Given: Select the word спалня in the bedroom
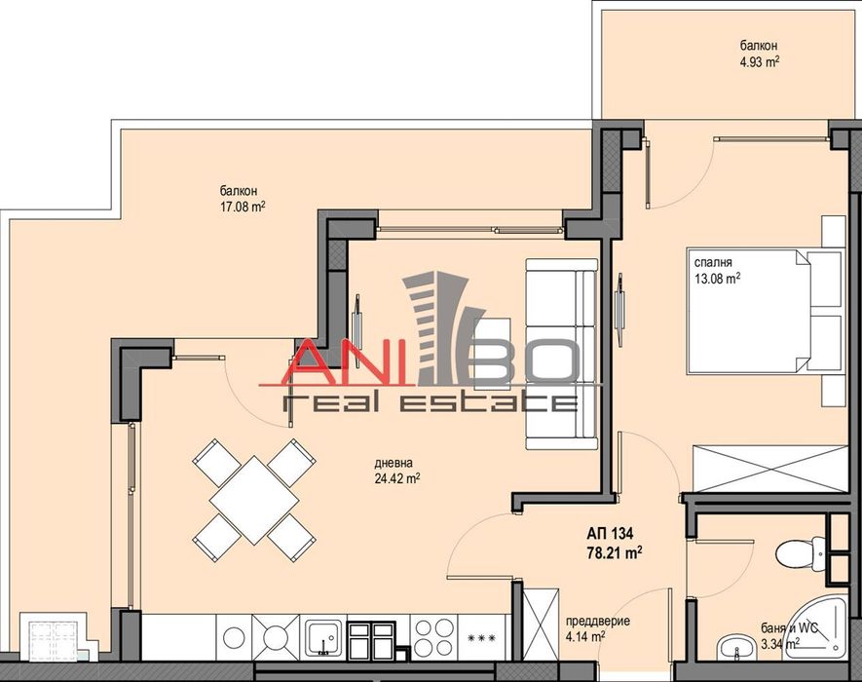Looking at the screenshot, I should point(713,261).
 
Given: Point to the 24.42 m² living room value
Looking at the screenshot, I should point(395,478).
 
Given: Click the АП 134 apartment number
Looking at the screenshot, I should point(604,534).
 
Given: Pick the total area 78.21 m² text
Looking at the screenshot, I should point(611,552).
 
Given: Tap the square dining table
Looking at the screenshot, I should point(253,499).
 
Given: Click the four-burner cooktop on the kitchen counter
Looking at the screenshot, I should point(433,638).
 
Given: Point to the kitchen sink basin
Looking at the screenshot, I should point(319,638).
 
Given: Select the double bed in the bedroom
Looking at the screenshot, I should point(763,312).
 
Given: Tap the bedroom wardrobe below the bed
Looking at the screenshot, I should point(769,468).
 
